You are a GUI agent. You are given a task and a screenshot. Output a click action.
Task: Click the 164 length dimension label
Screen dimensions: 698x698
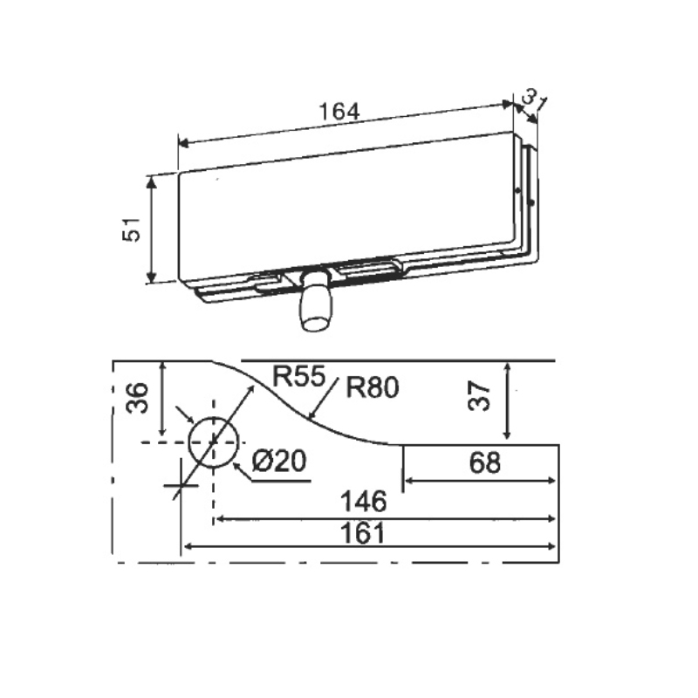pos(339,112)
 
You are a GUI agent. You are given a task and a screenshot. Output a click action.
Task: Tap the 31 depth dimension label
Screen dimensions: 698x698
pos(533,100)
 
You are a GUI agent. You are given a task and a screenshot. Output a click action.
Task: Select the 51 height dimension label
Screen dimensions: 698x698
pos(132,229)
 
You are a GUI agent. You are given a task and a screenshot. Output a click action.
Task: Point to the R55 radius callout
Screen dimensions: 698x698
pos(299,376)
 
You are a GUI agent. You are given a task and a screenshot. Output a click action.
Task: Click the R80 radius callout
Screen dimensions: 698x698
pos(373,387)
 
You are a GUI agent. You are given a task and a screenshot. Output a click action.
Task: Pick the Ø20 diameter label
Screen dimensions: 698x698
pos(279,461)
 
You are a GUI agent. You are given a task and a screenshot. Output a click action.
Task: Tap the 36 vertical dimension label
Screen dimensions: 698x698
pos(137,398)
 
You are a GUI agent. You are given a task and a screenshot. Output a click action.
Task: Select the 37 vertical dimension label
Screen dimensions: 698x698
pos(480,396)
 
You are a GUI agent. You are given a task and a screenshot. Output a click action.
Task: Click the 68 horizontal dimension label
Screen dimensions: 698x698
pos(485,462)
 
